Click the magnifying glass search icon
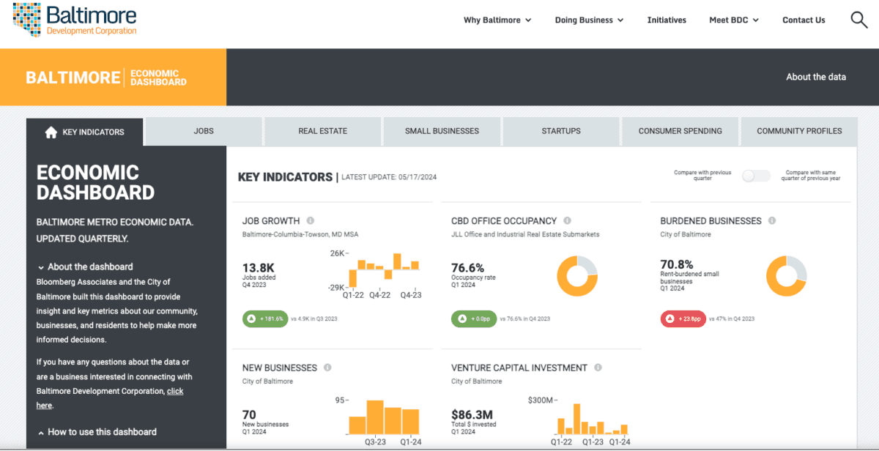858,20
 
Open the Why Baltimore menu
497,20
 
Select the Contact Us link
804,20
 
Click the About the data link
815,77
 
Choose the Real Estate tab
322,131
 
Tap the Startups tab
560,131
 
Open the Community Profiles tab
799,131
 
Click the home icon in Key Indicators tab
51,133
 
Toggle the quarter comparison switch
756,176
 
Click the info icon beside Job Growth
311,220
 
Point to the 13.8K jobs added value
258,268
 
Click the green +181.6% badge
264,318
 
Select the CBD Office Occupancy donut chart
577,275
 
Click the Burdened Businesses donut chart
786,275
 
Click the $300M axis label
541,400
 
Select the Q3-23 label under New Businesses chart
375,442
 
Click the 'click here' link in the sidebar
175,392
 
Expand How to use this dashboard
101,432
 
